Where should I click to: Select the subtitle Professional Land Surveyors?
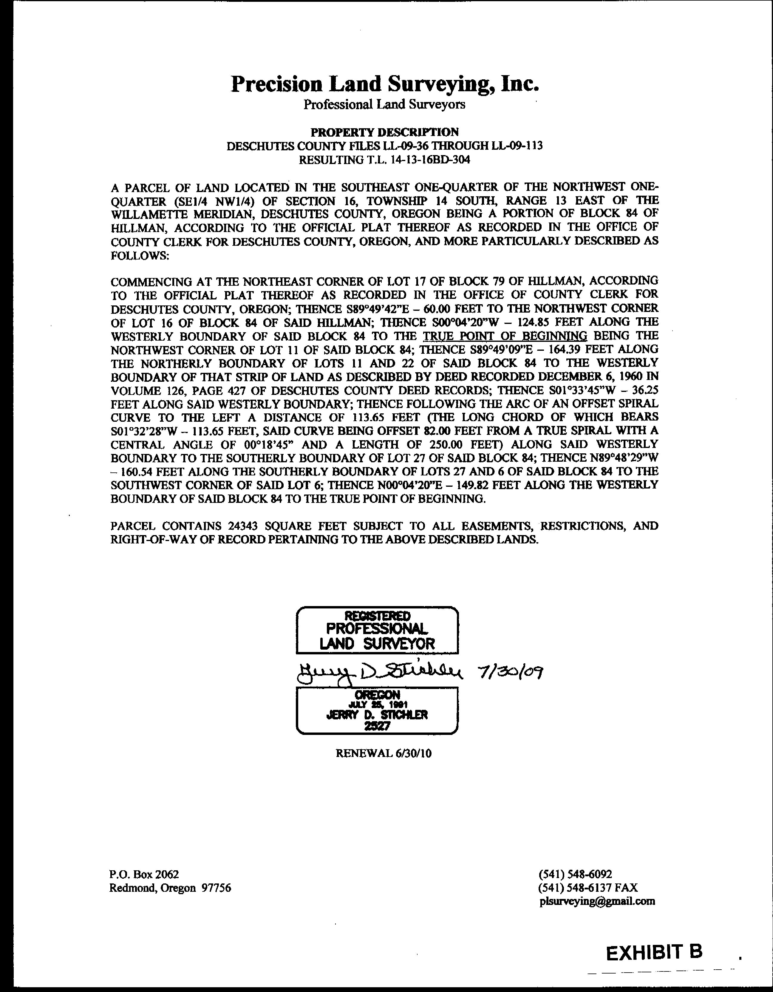[384, 104]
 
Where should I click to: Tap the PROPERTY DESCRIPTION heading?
[384, 132]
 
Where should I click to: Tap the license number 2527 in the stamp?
[377, 726]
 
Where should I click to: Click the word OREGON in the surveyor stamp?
[377, 695]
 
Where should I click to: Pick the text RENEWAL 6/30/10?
[383, 753]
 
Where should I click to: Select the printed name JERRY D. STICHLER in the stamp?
[377, 715]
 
